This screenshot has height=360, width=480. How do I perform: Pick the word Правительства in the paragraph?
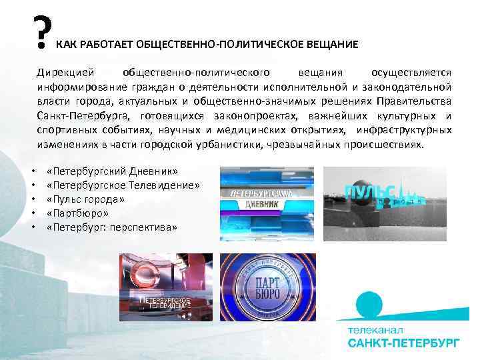414,101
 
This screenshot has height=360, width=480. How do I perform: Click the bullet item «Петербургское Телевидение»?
123,185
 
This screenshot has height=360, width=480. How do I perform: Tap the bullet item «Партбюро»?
78,213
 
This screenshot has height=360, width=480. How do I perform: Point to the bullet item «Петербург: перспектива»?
111,227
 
